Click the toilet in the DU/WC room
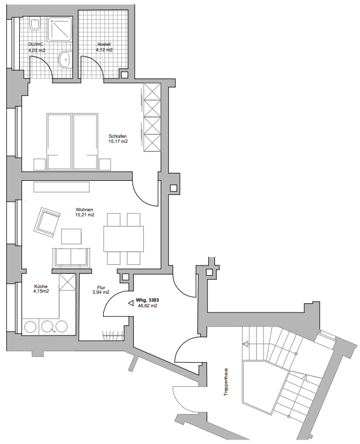[36, 24]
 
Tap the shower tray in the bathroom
[60, 29]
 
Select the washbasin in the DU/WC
[65, 59]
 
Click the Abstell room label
[104, 45]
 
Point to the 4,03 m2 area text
[37, 50]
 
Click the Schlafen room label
[117, 136]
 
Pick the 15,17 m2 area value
[118, 141]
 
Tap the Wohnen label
[85, 210]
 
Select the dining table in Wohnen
[124, 239]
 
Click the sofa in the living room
[71, 258]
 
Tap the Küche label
[41, 286]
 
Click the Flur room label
[101, 288]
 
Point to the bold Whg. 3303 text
[147, 300]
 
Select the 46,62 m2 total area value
[147, 306]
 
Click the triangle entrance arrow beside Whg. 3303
[131, 303]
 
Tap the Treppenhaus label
[226, 382]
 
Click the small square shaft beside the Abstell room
[125, 75]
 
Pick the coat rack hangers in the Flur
[112, 336]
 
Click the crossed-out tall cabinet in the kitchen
[67, 282]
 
